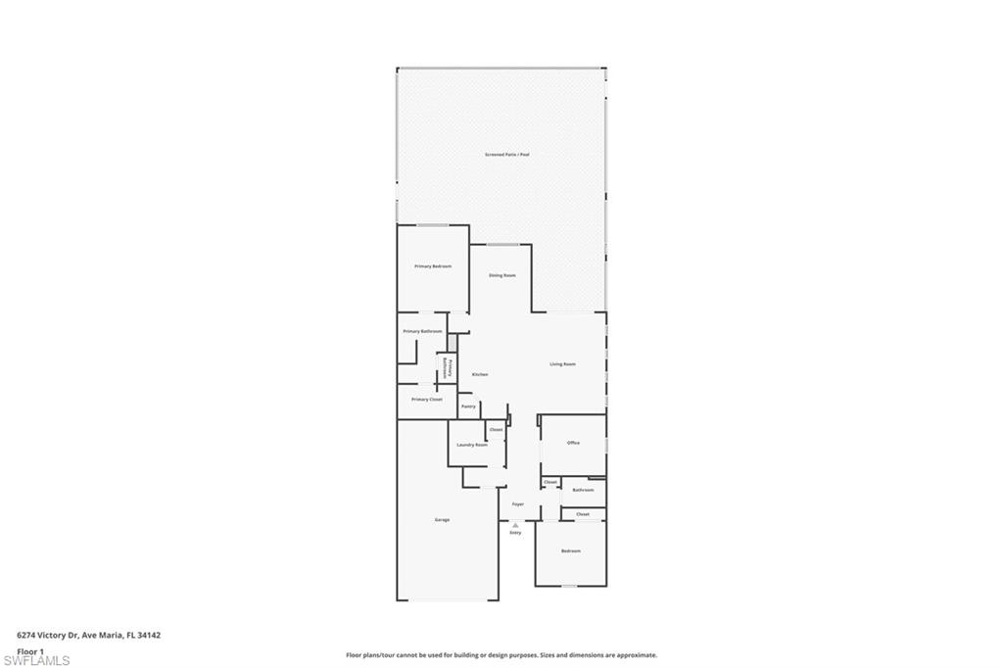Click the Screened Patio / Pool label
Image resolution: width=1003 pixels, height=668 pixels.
pyautogui.click(x=507, y=155)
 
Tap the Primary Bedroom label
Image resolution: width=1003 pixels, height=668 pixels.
pyautogui.click(x=432, y=266)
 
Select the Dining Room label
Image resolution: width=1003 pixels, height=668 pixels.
pyautogui.click(x=502, y=275)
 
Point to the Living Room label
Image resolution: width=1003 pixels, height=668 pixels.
pyautogui.click(x=562, y=364)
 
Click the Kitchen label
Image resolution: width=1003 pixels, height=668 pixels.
pyautogui.click(x=480, y=374)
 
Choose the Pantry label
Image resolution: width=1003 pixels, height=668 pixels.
pyautogui.click(x=468, y=406)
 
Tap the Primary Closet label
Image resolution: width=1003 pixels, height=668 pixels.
pyautogui.click(x=427, y=400)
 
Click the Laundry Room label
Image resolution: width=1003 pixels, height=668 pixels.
pyautogui.click(x=472, y=445)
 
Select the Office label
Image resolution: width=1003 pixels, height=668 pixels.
pyautogui.click(x=573, y=443)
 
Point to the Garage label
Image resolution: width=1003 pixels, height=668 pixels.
pyautogui.click(x=443, y=519)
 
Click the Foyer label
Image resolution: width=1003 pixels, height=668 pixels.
pyautogui.click(x=518, y=504)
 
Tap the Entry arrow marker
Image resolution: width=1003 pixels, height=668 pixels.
pyautogui.click(x=515, y=525)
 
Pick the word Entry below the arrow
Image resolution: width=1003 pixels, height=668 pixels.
pyautogui.click(x=515, y=533)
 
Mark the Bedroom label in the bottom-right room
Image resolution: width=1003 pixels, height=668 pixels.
pyautogui.click(x=570, y=550)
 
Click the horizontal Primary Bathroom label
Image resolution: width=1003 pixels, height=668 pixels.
pyautogui.click(x=422, y=331)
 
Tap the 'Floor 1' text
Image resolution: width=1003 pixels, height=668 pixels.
pyautogui.click(x=30, y=650)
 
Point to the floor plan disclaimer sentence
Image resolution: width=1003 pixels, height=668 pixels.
pyautogui.click(x=501, y=655)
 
